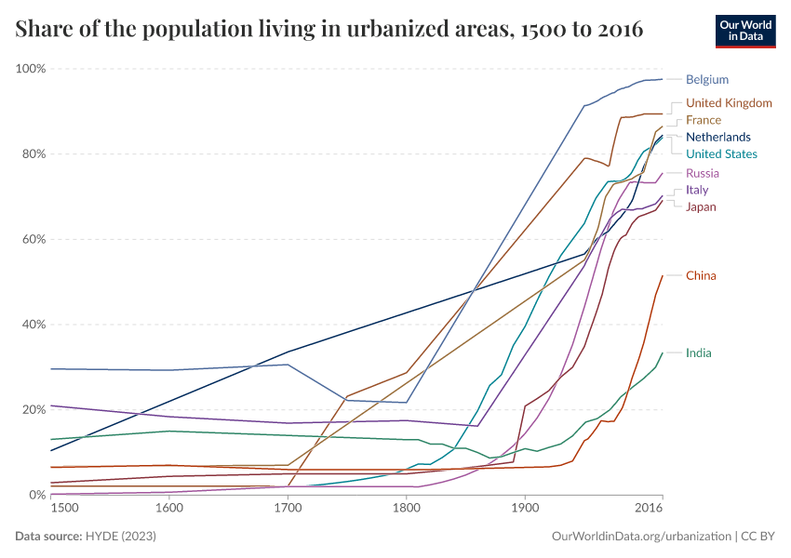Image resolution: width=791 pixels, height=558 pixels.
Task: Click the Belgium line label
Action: click(706, 80)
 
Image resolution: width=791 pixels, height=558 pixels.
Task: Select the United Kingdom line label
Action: click(729, 103)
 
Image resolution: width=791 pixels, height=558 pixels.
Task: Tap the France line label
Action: click(703, 120)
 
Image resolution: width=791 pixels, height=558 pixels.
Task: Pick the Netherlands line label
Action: click(717, 137)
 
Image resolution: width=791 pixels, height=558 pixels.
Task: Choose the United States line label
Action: click(721, 154)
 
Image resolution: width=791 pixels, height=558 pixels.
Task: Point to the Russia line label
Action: click(702, 174)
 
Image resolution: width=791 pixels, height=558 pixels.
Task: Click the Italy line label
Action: click(696, 190)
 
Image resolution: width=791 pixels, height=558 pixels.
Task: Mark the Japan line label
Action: click(701, 206)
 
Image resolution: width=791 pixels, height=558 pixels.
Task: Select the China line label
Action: click(701, 276)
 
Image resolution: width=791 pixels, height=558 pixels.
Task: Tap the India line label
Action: click(699, 353)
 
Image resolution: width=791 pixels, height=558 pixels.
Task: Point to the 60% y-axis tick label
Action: click(34, 239)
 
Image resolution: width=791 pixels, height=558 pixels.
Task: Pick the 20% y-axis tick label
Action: click(34, 410)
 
